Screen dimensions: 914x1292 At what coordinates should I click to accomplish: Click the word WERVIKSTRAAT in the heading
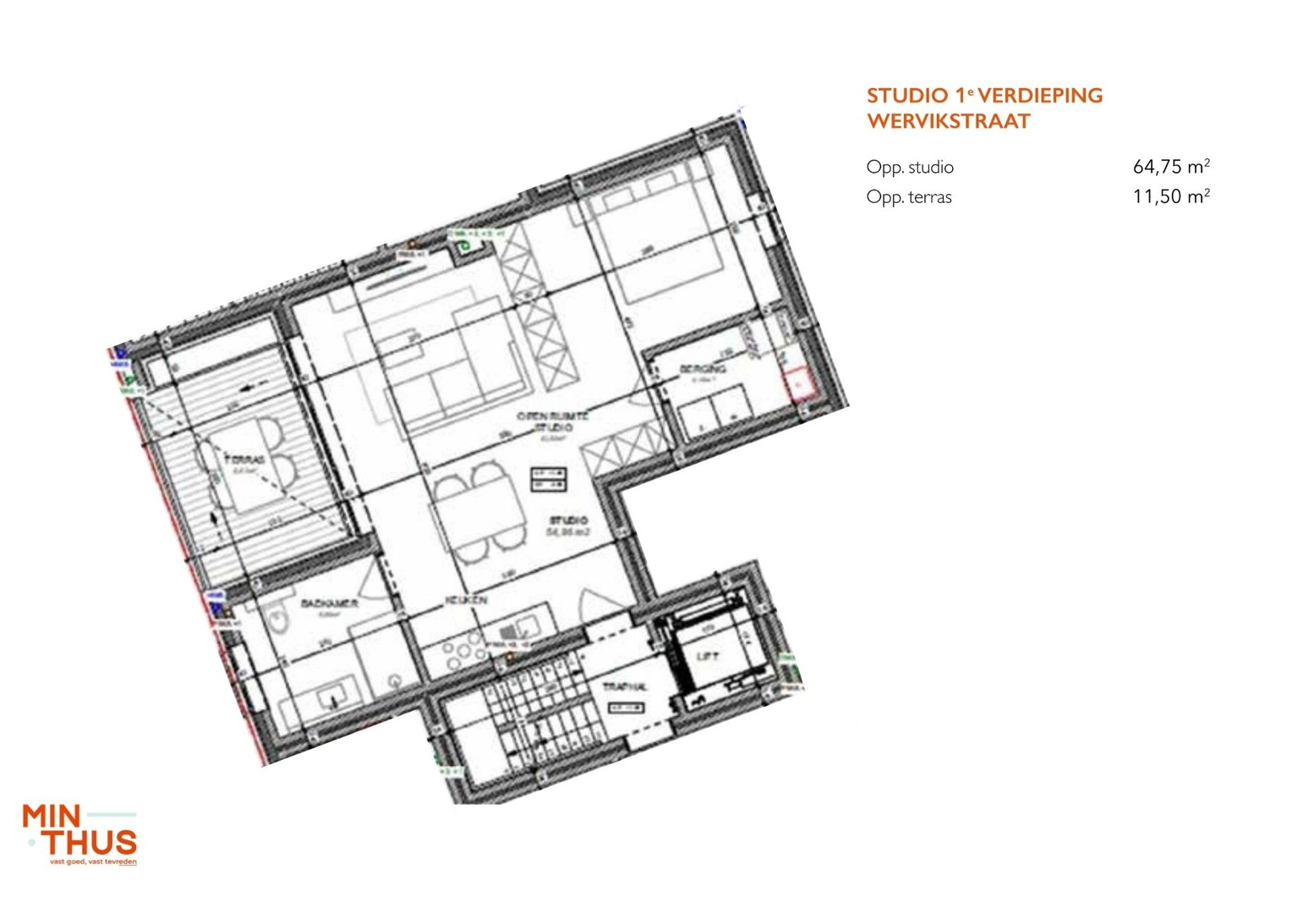point(948,121)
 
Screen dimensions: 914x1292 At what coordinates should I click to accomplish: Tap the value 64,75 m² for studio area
point(1171,167)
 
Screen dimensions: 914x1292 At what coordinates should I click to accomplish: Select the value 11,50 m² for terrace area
point(1171,196)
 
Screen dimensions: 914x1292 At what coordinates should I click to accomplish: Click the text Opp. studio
point(910,168)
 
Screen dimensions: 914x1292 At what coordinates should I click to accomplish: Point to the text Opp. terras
point(909,197)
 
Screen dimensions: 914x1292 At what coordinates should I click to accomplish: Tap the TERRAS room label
point(244,460)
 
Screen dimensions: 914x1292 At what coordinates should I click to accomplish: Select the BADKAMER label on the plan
point(329,603)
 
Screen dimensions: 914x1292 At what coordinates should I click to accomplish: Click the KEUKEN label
point(466,600)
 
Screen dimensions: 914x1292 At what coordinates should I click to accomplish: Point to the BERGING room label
point(703,369)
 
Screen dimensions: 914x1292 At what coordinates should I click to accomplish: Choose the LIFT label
point(707,656)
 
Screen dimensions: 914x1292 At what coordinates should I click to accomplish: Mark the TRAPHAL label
point(625,686)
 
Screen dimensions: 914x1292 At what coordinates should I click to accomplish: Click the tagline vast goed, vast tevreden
point(93,862)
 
